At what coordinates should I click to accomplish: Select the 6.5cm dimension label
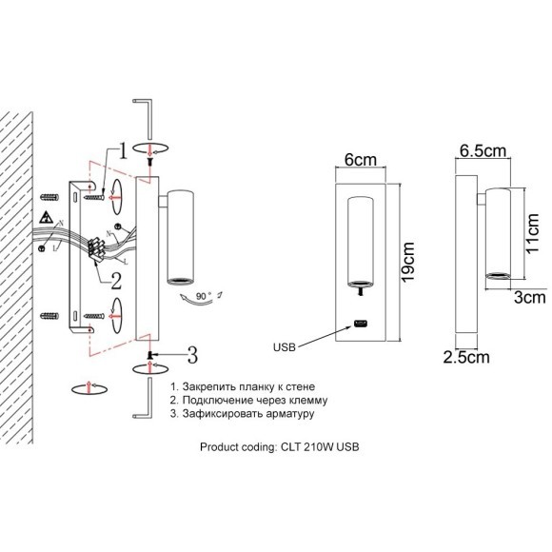[482, 151]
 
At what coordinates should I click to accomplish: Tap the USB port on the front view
[361, 324]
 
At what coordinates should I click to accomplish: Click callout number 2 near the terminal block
[115, 280]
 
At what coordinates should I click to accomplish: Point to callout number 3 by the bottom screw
[190, 356]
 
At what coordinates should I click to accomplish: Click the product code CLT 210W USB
[280, 446]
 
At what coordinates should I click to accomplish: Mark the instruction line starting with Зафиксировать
[242, 415]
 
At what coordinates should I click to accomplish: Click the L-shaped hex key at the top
[148, 114]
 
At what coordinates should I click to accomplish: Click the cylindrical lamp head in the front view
[360, 244]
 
